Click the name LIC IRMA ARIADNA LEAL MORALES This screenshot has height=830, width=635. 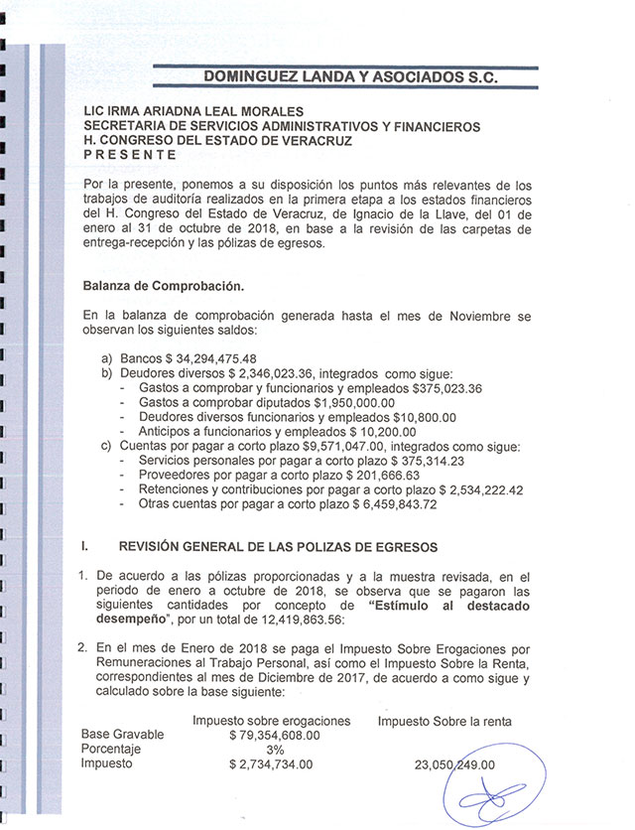point(194,113)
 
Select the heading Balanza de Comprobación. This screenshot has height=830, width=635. point(164,287)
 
